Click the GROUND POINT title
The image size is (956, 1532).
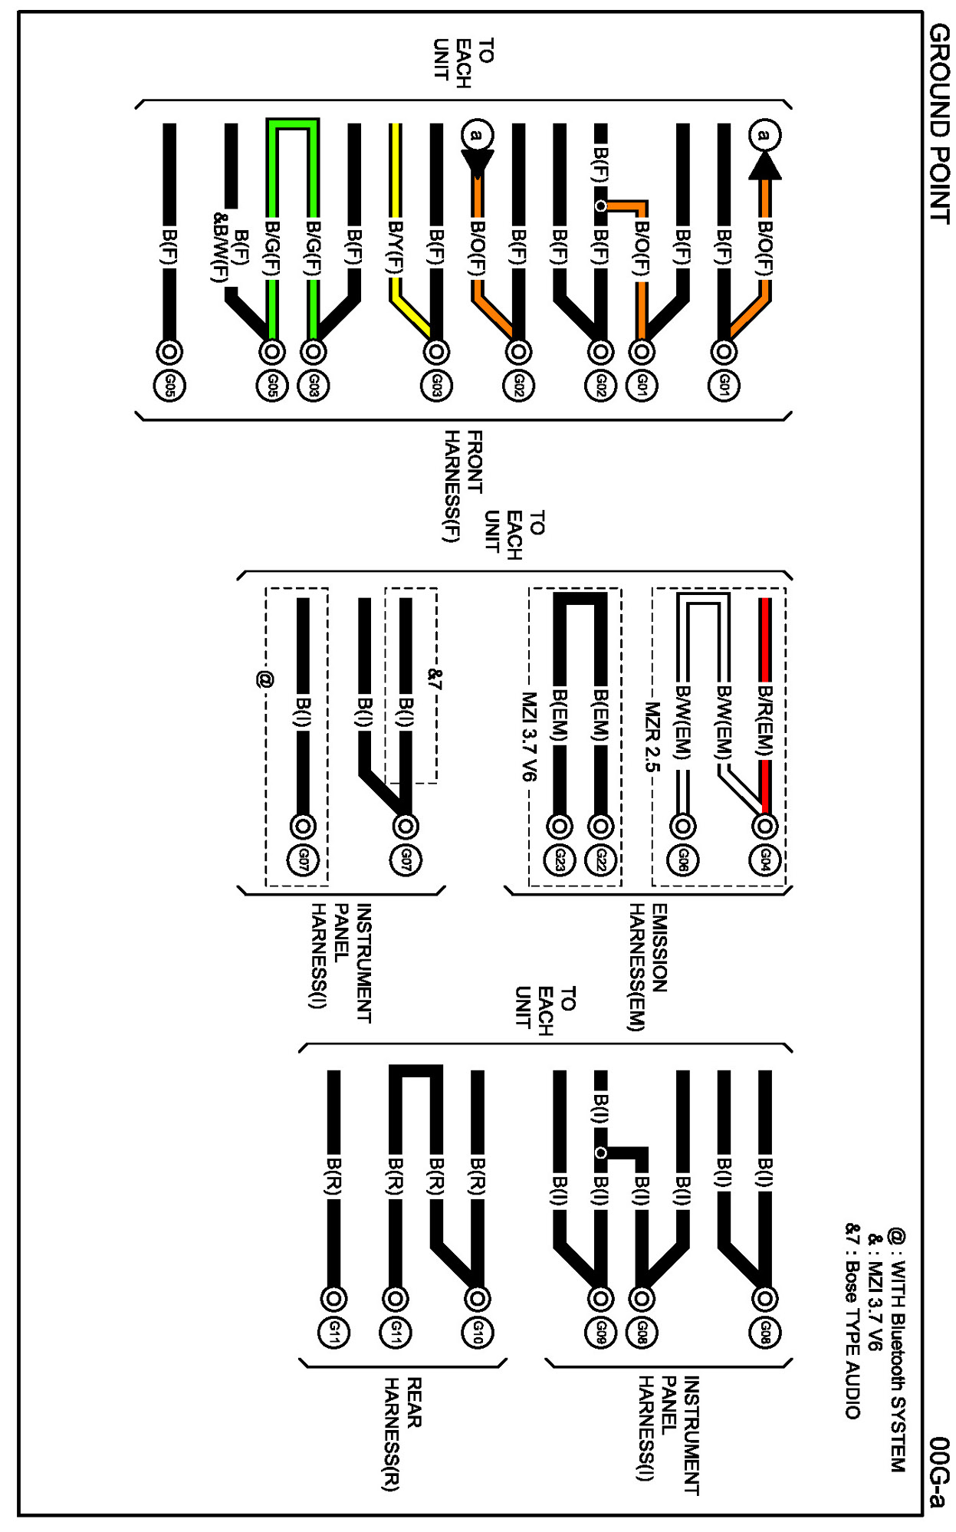tap(938, 123)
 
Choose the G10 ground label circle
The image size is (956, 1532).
tap(477, 1333)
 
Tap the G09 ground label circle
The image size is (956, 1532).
tap(600, 1333)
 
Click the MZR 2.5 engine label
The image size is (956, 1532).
tap(651, 736)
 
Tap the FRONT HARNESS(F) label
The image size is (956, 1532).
tap(463, 486)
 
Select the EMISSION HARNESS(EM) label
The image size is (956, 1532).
tap(648, 966)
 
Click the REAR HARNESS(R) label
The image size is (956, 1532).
tap(402, 1434)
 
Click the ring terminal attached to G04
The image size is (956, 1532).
tap(764, 826)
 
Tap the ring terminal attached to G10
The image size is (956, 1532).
tap(477, 1298)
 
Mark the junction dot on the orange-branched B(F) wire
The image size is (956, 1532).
tap(600, 205)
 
